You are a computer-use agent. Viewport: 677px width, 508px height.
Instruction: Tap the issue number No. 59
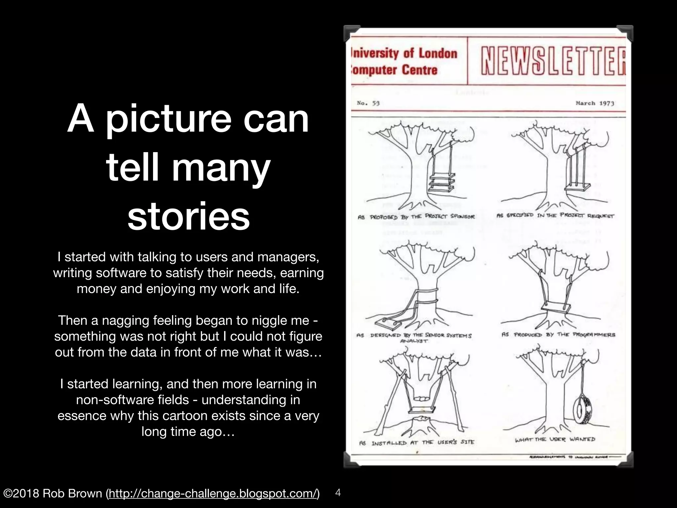368,103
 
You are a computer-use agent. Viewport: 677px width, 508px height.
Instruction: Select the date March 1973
595,103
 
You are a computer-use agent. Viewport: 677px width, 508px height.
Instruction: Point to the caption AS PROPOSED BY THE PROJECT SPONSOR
416,217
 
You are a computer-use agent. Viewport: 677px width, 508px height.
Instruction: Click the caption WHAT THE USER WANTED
555,440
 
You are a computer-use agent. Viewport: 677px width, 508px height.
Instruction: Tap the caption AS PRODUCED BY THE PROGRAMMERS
558,335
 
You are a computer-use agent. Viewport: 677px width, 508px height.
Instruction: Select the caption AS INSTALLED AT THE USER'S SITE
417,443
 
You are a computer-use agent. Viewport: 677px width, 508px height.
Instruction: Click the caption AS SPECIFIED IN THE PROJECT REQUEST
555,216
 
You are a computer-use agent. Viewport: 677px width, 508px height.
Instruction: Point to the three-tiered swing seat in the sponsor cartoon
441,184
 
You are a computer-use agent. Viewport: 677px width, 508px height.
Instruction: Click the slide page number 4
338,492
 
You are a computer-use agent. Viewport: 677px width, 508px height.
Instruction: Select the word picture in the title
168,118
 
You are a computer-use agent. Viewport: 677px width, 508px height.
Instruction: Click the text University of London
405,54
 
